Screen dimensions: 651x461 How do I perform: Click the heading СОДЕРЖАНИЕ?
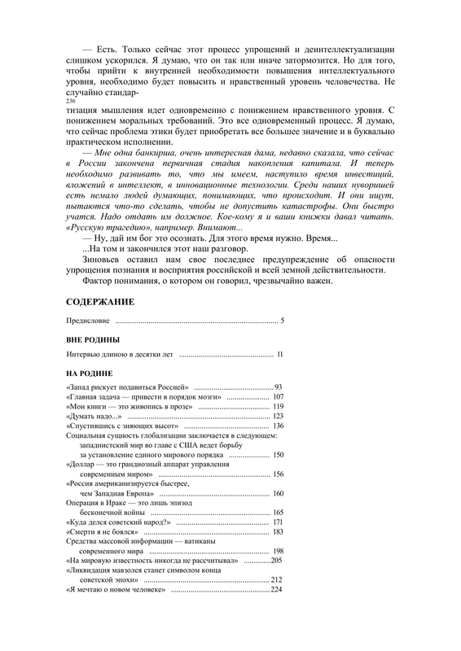point(99,301)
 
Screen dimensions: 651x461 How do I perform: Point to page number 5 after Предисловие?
point(282,321)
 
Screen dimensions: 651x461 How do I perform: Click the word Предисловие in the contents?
point(88,321)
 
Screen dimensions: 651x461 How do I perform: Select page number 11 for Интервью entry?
point(279,355)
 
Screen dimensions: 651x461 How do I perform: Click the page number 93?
point(278,386)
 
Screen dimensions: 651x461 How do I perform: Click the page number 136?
point(278,426)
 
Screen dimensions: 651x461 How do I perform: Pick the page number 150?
point(278,456)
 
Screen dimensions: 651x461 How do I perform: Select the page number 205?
point(276,561)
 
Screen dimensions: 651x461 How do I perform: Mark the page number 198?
point(278,551)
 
